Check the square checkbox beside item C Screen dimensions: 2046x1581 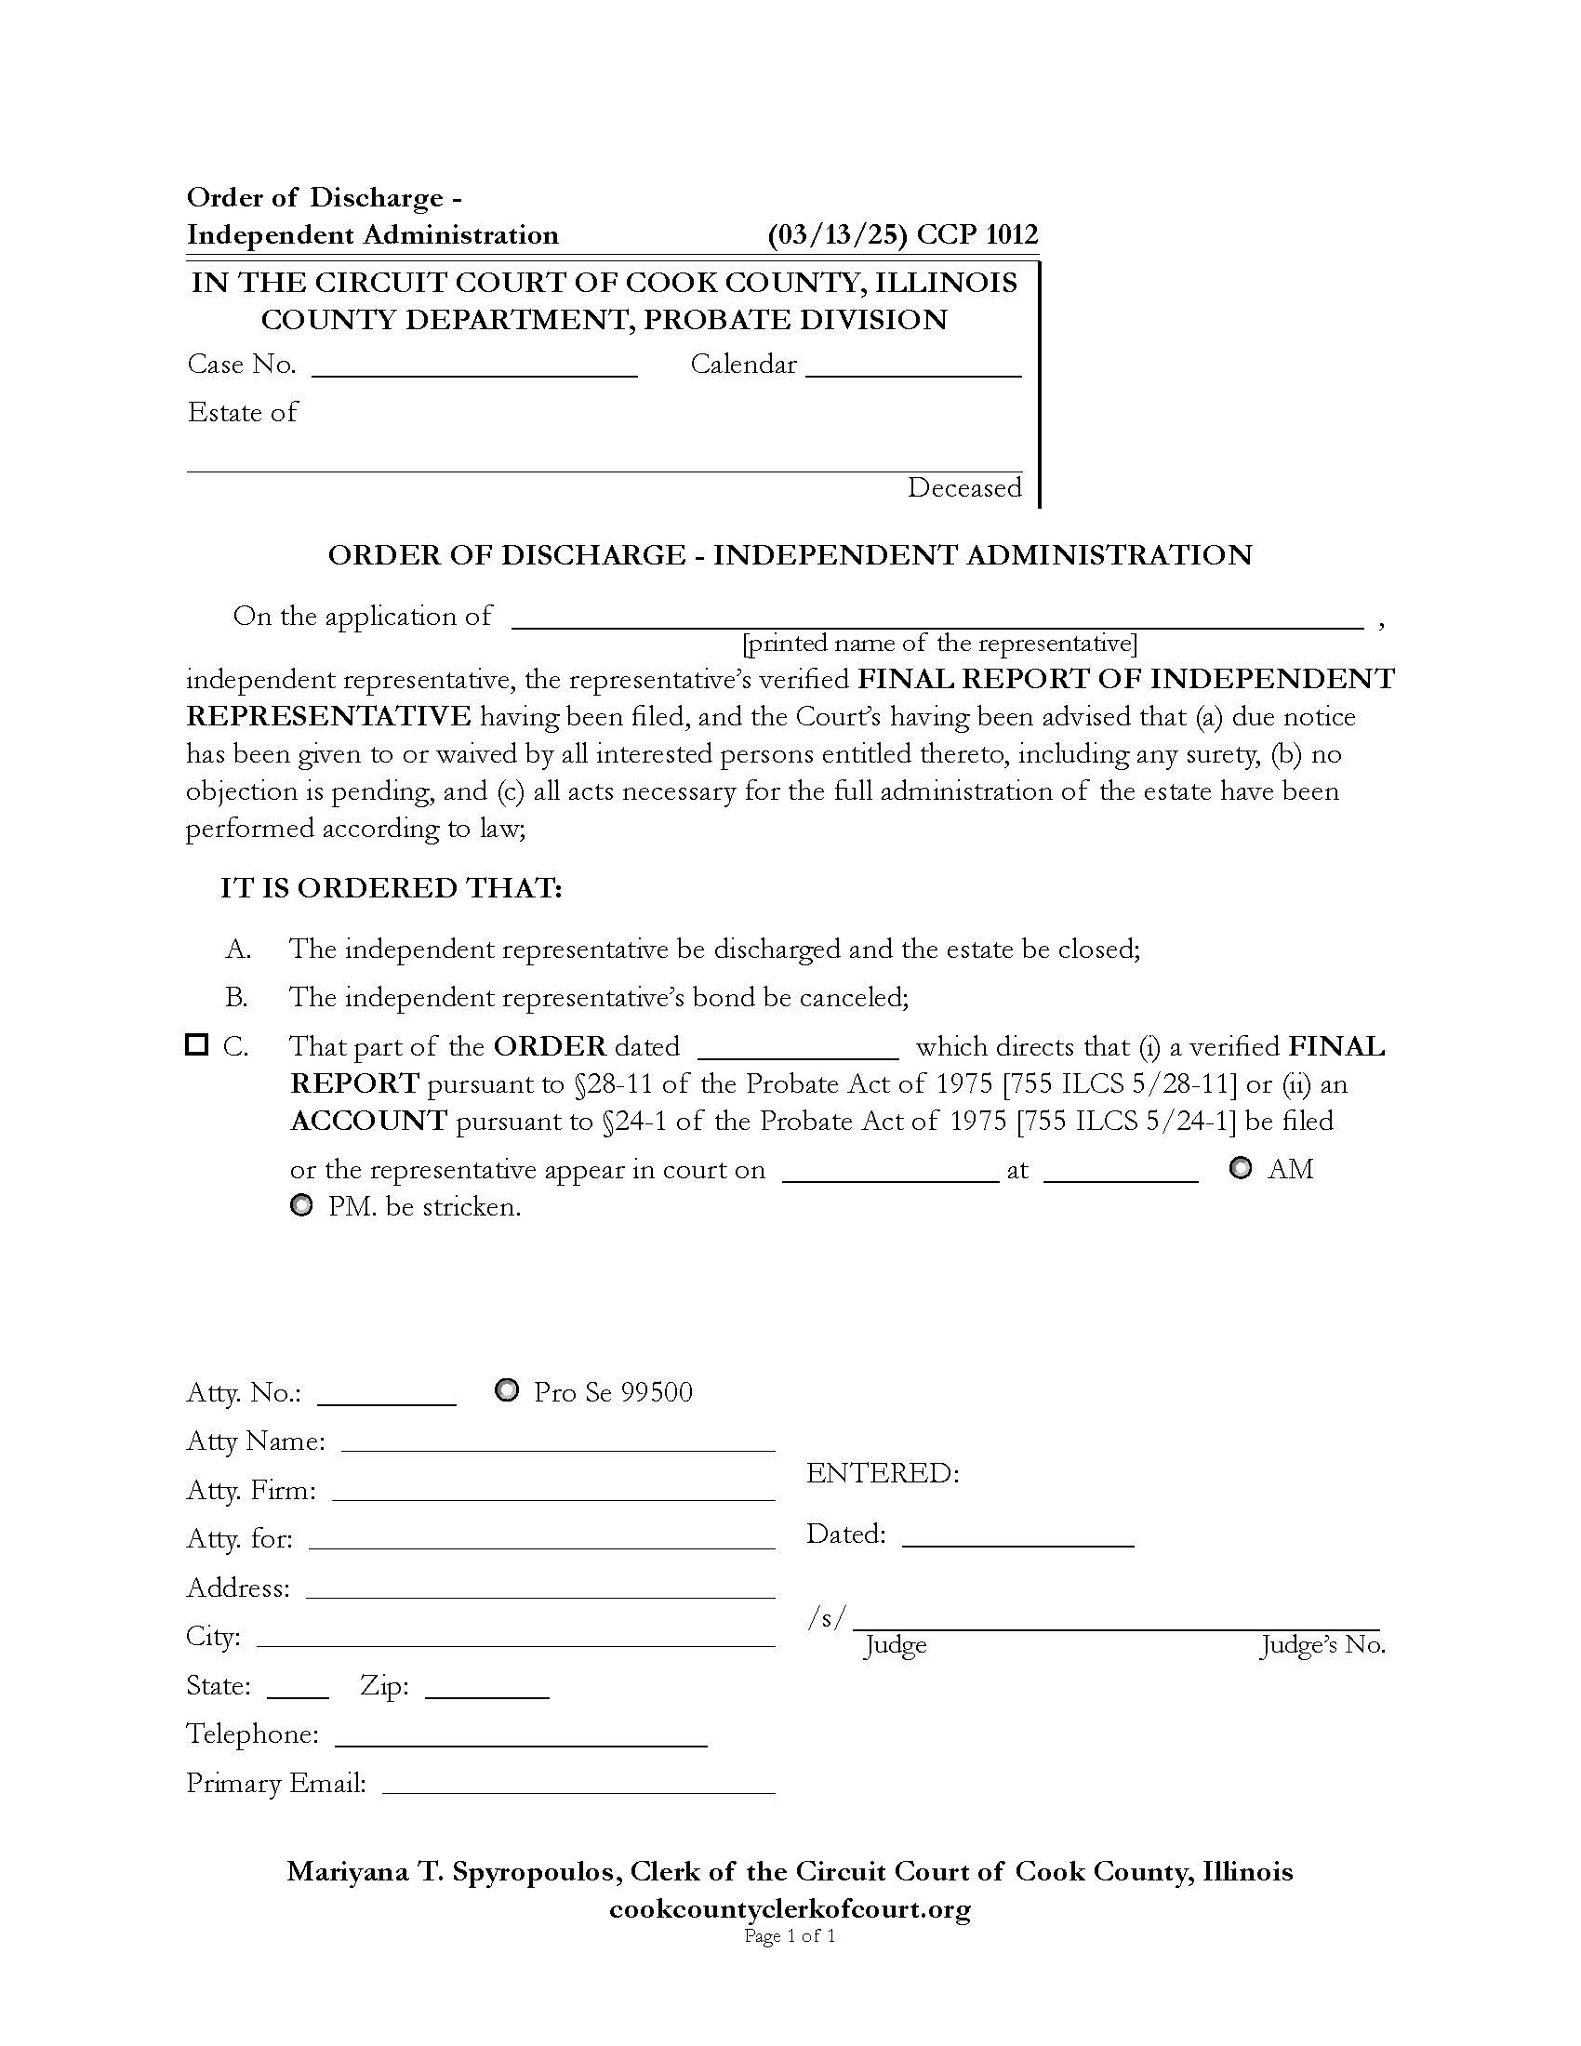coord(196,1044)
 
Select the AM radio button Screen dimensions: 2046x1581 coord(1240,1168)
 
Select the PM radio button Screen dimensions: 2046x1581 coord(301,1205)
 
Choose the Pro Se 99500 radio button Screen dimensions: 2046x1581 coord(507,1390)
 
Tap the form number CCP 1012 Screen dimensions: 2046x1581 coord(976,234)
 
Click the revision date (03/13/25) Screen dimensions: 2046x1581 coord(837,234)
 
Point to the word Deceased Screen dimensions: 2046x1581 coord(963,488)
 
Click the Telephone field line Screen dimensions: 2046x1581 coord(521,1738)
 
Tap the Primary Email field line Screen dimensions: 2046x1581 coord(578,1786)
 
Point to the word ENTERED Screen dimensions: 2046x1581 coord(883,1474)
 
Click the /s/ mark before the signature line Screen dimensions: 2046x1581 coord(827,1618)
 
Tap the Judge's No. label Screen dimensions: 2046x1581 coord(1322,1645)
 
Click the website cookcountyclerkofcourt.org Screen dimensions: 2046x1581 coord(790,1908)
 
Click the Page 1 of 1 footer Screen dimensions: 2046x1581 coord(790,1936)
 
